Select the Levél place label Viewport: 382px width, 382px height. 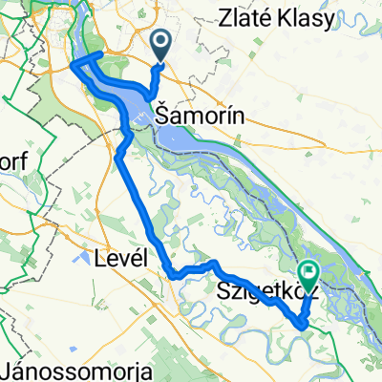click(117, 258)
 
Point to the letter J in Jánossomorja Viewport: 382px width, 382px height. click(9, 370)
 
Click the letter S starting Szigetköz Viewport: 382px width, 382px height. click(225, 289)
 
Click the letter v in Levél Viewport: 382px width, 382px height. click(120, 258)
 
